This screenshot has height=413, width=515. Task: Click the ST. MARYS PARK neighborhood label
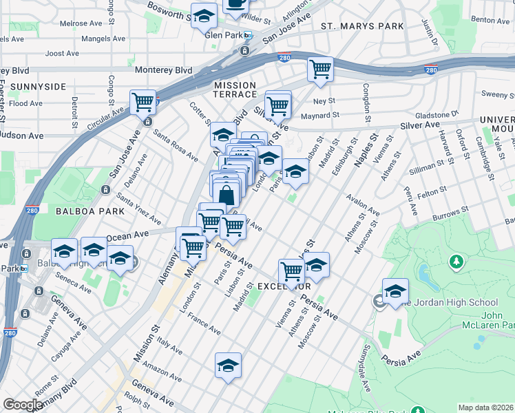click(x=362, y=26)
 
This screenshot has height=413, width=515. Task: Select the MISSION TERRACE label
click(x=235, y=89)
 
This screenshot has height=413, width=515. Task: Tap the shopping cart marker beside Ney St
click(x=320, y=70)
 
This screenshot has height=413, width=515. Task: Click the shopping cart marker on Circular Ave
click(x=143, y=103)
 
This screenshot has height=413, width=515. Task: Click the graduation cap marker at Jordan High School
click(x=395, y=291)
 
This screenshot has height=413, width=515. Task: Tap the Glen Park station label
click(x=224, y=36)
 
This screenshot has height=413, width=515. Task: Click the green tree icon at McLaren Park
click(x=456, y=262)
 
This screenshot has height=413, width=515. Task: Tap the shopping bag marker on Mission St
click(x=226, y=194)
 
